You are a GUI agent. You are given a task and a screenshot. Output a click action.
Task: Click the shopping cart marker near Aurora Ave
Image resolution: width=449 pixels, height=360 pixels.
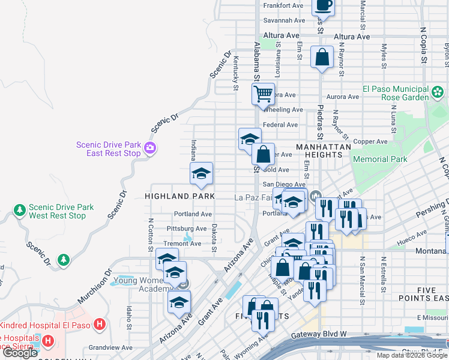click(263, 95)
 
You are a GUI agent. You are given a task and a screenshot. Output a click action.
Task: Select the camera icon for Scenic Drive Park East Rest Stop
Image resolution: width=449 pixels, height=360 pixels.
click(149, 148)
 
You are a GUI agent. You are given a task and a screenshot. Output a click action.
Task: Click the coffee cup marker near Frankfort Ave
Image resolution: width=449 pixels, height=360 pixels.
click(323, 5)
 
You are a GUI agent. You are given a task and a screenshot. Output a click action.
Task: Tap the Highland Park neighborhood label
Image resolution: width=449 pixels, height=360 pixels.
click(171, 196)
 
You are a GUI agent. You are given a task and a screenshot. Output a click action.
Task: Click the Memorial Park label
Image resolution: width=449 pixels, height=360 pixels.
click(380, 159)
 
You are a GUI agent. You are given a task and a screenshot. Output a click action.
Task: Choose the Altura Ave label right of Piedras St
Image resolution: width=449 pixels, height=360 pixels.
click(352, 37)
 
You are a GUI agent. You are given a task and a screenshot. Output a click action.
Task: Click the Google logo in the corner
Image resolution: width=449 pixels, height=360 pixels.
click(20, 353)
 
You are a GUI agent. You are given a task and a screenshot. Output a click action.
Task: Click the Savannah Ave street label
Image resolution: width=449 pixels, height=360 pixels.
click(280, 20)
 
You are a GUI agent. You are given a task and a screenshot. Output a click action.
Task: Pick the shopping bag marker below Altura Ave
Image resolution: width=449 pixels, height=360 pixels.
click(322, 58)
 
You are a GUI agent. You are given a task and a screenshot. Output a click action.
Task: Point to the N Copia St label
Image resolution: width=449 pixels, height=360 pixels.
click(423, 44)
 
